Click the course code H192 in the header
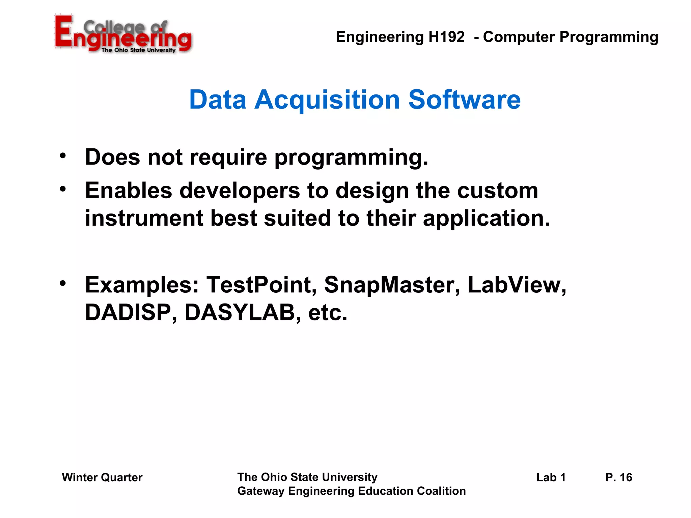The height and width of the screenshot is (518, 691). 446,37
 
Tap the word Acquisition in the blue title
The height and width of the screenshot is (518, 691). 327,100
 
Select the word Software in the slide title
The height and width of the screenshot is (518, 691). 464,100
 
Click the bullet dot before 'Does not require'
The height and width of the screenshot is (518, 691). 63,156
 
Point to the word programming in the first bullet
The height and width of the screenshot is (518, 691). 351,158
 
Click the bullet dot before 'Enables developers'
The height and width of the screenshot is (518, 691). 63,189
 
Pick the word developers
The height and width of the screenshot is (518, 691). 240,191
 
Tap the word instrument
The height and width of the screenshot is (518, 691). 144,218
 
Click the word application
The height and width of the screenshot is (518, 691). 486,219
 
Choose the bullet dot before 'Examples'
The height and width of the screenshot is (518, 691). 63,283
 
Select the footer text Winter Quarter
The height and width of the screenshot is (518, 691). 102,478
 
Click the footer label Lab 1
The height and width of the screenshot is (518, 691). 551,478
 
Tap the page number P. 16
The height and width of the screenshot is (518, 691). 619,478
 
